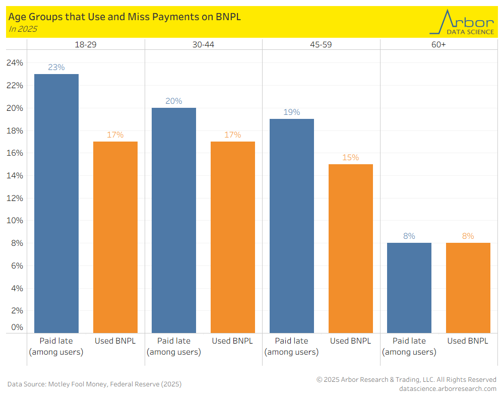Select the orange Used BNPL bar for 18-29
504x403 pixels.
tap(115, 237)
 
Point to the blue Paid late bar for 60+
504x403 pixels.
tap(409, 288)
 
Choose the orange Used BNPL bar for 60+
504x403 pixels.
tap(468, 288)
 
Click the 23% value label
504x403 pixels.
tap(56, 67)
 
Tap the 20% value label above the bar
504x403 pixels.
tap(174, 101)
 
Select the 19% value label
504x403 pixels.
tap(292, 112)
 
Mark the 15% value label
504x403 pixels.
tap(351, 157)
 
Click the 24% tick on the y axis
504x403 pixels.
tap(15, 63)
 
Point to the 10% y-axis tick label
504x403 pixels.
tap(15, 221)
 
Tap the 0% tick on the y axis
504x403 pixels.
tap(18, 327)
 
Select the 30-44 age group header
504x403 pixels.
tap(203, 44)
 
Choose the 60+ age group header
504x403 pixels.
tap(438, 44)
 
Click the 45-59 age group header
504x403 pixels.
tap(321, 44)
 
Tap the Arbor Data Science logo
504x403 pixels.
tap(461, 22)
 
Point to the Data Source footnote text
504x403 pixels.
tap(94, 384)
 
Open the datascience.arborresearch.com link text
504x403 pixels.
tap(447, 388)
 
